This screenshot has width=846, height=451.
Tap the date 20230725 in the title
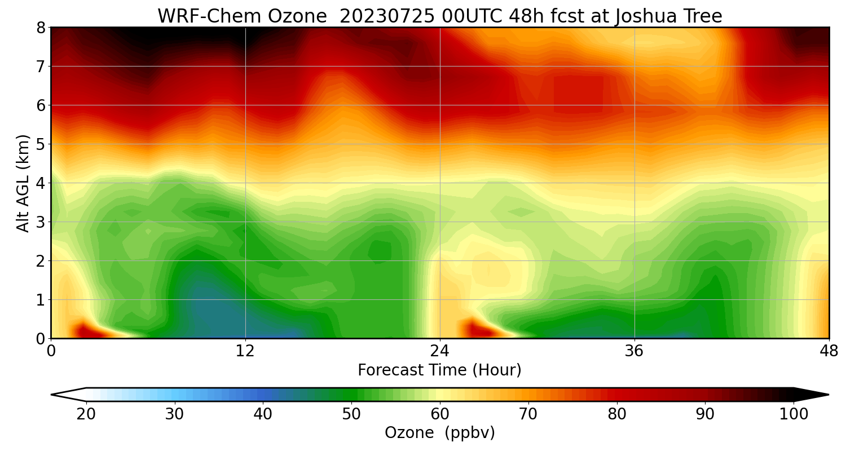(x=387, y=16)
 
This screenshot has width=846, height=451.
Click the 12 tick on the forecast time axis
(x=245, y=351)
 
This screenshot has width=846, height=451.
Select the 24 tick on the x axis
(x=440, y=351)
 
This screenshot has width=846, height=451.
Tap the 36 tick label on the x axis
(x=634, y=351)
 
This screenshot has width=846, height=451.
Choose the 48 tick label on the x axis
(x=829, y=351)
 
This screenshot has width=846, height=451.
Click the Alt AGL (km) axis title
(x=23, y=183)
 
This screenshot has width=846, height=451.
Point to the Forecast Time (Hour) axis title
(x=439, y=370)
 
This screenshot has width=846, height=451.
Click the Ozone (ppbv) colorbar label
(x=439, y=433)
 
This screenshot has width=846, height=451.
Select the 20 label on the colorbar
(x=86, y=414)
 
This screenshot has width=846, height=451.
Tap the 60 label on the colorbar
(x=440, y=414)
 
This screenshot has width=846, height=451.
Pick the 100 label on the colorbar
(x=793, y=414)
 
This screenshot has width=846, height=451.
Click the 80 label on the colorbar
(x=616, y=414)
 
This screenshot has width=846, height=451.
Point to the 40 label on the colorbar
(x=263, y=414)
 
